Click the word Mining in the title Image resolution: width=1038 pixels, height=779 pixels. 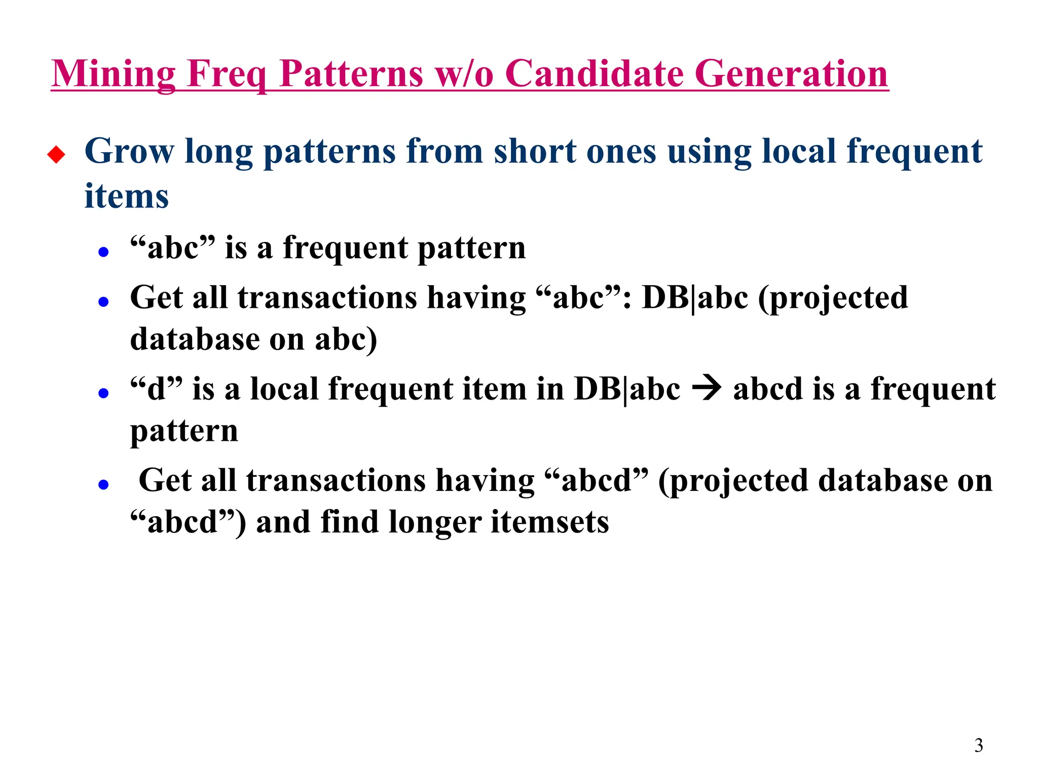(x=114, y=74)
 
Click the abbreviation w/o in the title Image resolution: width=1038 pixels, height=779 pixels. (x=464, y=74)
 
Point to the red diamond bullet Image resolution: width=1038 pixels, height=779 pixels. (x=56, y=154)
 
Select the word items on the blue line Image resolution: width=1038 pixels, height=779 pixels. (x=126, y=196)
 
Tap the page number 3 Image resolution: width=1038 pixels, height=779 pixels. (x=978, y=746)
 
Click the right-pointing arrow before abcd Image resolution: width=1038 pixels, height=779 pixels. (x=707, y=389)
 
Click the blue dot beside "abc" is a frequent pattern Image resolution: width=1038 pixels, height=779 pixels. (x=104, y=252)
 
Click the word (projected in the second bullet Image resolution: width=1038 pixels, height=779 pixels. (x=833, y=298)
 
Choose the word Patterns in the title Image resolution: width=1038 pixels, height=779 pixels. (x=351, y=74)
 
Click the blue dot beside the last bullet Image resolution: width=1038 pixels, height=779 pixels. (x=104, y=485)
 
